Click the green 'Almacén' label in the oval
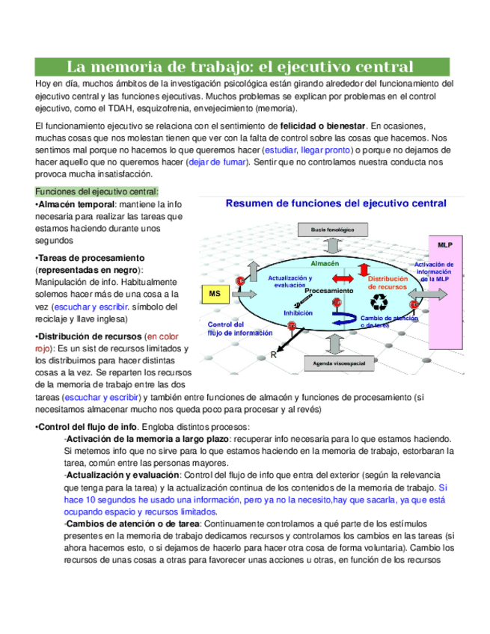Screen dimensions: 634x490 point(325,264)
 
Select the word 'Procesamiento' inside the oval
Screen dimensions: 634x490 point(329,290)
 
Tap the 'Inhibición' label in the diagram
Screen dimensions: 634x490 point(298,313)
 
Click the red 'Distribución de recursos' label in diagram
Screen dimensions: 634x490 point(387,282)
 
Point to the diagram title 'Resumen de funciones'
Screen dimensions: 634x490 point(336,203)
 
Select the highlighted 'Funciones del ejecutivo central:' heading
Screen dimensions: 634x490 point(97,191)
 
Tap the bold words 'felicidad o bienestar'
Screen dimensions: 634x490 point(322,126)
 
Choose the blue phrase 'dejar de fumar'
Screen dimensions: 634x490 point(221,161)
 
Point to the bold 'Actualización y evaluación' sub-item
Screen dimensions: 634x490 point(122,475)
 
